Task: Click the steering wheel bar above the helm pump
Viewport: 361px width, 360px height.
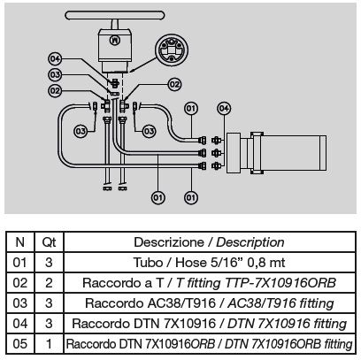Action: (x=114, y=15)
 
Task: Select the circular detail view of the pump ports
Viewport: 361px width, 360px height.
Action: (x=172, y=50)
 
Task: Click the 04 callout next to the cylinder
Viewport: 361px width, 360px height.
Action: (x=224, y=109)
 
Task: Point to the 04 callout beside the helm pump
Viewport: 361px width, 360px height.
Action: (x=55, y=59)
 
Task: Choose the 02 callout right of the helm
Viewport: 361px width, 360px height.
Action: (x=174, y=84)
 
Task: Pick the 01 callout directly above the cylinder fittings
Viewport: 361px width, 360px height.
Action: (x=191, y=109)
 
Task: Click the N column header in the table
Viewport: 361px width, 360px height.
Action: (x=19, y=242)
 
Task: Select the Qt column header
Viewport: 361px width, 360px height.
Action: (x=49, y=242)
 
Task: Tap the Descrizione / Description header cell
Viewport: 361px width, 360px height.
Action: (x=209, y=242)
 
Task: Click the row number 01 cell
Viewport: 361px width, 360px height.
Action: (x=19, y=263)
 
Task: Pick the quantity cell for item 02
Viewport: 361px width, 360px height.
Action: (x=49, y=283)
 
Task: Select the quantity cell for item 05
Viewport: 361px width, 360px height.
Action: (x=49, y=343)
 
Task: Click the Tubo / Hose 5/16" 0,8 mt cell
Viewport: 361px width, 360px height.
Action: (x=209, y=263)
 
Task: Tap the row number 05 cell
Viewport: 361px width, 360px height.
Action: (x=19, y=343)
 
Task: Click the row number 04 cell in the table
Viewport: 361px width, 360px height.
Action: (x=19, y=324)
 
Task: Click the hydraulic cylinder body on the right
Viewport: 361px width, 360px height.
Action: (x=276, y=153)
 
